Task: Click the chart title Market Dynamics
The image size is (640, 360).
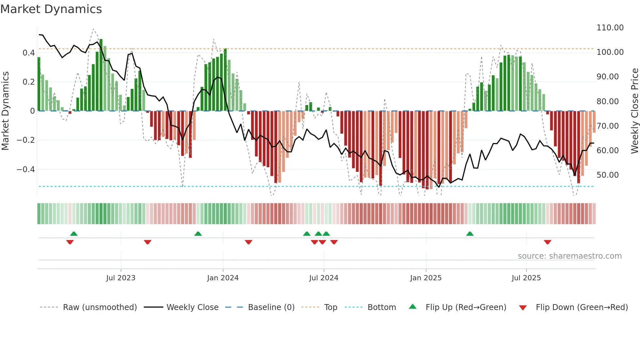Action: (x=51, y=9)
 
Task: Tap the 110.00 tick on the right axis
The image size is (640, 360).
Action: (x=610, y=28)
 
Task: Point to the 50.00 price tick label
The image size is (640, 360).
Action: (x=607, y=175)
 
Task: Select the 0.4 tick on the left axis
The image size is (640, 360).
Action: (x=28, y=53)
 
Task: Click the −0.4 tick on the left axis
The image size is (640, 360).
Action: (x=25, y=170)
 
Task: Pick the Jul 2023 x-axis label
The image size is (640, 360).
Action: (x=120, y=278)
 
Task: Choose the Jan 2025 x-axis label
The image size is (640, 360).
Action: (x=425, y=278)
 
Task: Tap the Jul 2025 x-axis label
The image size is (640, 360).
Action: (x=526, y=278)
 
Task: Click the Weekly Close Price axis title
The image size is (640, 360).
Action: (x=634, y=111)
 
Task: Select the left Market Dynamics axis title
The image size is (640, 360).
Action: (x=5, y=111)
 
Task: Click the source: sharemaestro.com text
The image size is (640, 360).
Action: (x=569, y=256)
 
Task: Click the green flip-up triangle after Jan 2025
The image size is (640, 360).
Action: (x=470, y=234)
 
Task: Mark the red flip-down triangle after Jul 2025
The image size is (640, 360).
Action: (x=547, y=242)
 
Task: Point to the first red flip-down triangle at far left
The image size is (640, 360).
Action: (x=70, y=242)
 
